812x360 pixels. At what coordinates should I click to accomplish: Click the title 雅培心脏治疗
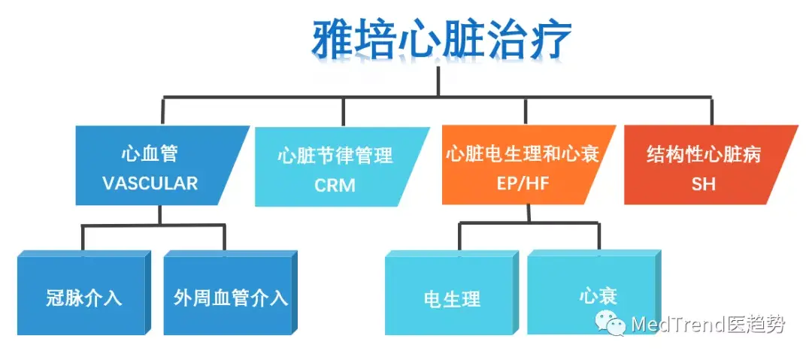[x=442, y=40]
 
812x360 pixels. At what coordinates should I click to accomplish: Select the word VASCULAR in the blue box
[x=150, y=183]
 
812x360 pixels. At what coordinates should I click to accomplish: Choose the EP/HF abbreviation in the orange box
[x=522, y=183]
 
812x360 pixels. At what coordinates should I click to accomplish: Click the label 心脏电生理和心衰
[x=523, y=154]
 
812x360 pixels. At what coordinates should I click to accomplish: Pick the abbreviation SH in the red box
[x=703, y=183]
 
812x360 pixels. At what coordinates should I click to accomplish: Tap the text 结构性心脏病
[x=704, y=154]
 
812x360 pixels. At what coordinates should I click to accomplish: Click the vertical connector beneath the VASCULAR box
[x=159, y=215]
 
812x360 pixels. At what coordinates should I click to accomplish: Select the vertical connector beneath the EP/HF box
[x=529, y=214]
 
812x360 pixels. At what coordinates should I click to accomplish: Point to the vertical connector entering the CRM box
[x=343, y=112]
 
